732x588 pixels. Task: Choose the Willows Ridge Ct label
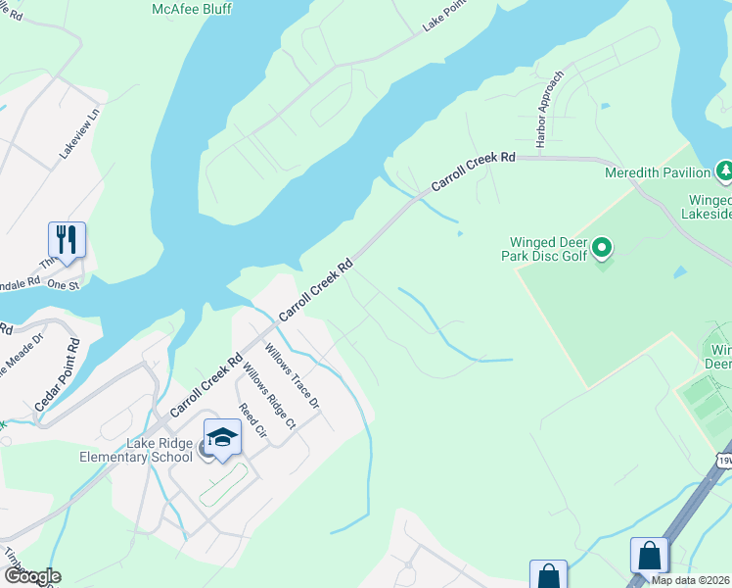point(267,397)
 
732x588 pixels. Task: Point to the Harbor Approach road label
point(551,110)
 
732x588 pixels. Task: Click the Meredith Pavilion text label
point(656,173)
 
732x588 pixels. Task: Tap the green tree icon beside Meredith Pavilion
point(724,171)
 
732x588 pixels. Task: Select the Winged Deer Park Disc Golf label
point(548,250)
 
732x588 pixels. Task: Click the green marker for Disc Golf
point(603,249)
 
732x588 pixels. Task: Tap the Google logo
point(32,576)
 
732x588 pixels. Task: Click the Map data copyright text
point(691,580)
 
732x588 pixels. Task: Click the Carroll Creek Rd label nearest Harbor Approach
point(473,171)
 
